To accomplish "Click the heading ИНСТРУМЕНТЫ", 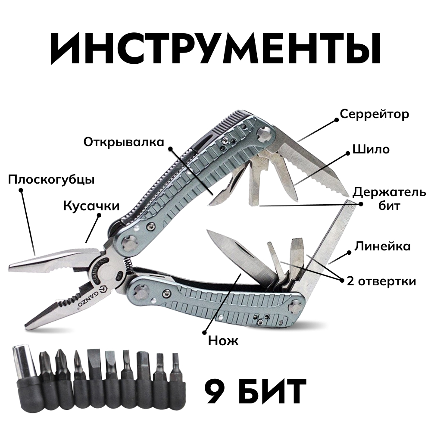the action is (216, 48).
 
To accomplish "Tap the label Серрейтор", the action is (375, 114).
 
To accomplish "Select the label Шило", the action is (371, 149).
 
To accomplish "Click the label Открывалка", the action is (124, 142).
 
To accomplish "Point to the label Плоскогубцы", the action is (51, 180).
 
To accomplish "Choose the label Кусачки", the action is (91, 206).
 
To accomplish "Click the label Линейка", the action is (382, 246).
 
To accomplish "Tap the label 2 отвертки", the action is (381, 281).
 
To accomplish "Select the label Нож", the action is (223, 341).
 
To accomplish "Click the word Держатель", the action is (389, 192).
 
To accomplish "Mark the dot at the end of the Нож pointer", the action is (204, 332).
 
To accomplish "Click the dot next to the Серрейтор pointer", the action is (336, 119).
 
